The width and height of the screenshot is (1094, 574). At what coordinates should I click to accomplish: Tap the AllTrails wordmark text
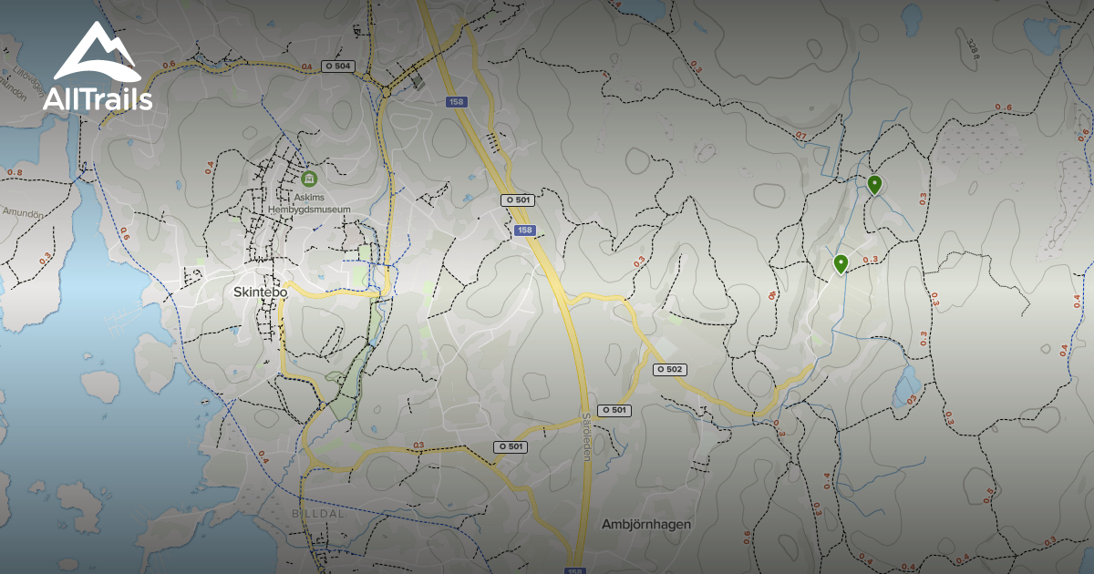98,99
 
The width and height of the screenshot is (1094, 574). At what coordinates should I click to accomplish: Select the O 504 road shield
337,67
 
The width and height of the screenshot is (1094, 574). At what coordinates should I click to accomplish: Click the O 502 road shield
669,369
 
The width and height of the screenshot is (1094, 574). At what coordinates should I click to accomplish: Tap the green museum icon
308,177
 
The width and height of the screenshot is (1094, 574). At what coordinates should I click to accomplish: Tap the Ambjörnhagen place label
646,524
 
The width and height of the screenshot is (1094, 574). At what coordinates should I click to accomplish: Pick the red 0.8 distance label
15,171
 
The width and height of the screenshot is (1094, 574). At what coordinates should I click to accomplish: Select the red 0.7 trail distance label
800,136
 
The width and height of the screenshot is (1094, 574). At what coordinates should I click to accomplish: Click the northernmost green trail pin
874,185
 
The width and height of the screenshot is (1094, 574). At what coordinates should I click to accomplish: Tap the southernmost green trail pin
841,264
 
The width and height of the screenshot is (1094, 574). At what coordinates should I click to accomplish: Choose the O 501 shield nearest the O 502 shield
614,411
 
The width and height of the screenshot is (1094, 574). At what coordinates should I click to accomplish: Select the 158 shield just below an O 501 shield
523,231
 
